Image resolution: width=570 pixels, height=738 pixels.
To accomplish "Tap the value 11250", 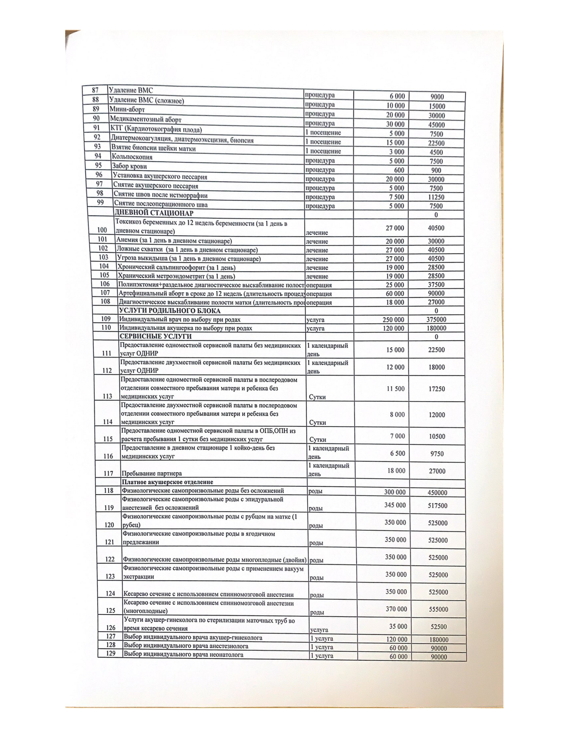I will pos(437,197).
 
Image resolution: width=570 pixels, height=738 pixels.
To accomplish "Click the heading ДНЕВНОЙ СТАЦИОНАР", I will pos(154,213).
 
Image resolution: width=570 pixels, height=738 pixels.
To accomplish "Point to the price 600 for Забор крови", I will pos(399,170).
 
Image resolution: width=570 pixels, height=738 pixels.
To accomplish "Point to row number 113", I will pos(107,396).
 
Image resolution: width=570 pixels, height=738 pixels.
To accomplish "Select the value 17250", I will pos(437,389).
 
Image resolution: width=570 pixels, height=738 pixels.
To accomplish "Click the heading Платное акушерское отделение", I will pos(167,482).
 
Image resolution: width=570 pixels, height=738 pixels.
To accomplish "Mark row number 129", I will pos(111,653).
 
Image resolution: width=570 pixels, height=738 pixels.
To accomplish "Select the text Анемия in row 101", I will pos(127,241).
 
